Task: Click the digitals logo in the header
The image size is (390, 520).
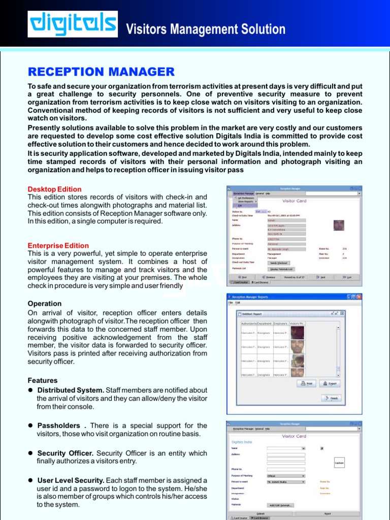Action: (x=72, y=24)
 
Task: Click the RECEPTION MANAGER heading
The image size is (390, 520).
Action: (x=101, y=72)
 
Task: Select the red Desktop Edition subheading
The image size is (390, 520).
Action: (x=54, y=189)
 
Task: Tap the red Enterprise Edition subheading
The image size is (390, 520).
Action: (x=58, y=246)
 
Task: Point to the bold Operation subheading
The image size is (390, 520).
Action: (x=45, y=304)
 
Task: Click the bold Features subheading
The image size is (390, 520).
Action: (x=43, y=380)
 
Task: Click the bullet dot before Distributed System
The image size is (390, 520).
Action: (x=30, y=391)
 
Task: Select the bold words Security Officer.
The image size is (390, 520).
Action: (x=66, y=453)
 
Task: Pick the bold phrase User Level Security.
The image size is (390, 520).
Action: (x=71, y=480)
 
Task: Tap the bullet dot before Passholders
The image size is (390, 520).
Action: (x=30, y=426)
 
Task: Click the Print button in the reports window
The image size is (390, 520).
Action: (x=307, y=384)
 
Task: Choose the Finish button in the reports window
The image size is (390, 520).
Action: (x=331, y=399)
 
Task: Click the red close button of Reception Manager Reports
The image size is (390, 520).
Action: (x=359, y=297)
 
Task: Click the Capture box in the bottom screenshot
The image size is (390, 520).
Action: (x=339, y=463)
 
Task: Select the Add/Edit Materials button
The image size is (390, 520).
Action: (x=281, y=505)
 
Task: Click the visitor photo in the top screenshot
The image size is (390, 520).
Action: (x=339, y=225)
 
